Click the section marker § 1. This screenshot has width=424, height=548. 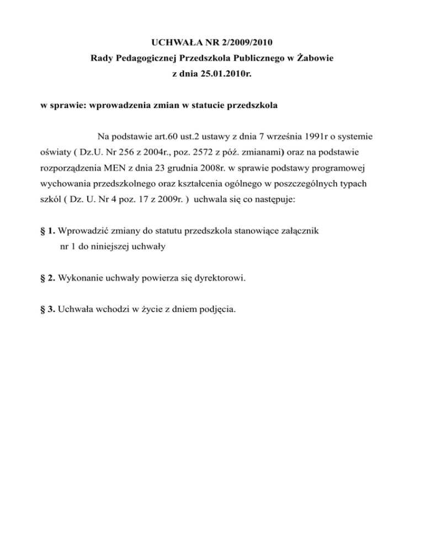tap(47, 230)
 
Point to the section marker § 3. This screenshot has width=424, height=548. tap(47, 309)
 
